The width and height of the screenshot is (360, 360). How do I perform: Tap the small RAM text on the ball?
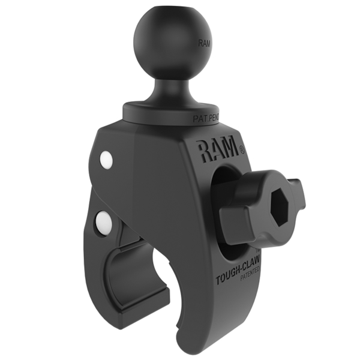[x=205, y=43]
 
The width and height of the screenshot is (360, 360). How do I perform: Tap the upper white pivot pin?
[x=106, y=159]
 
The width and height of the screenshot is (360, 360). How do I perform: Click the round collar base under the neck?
[x=171, y=112]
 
